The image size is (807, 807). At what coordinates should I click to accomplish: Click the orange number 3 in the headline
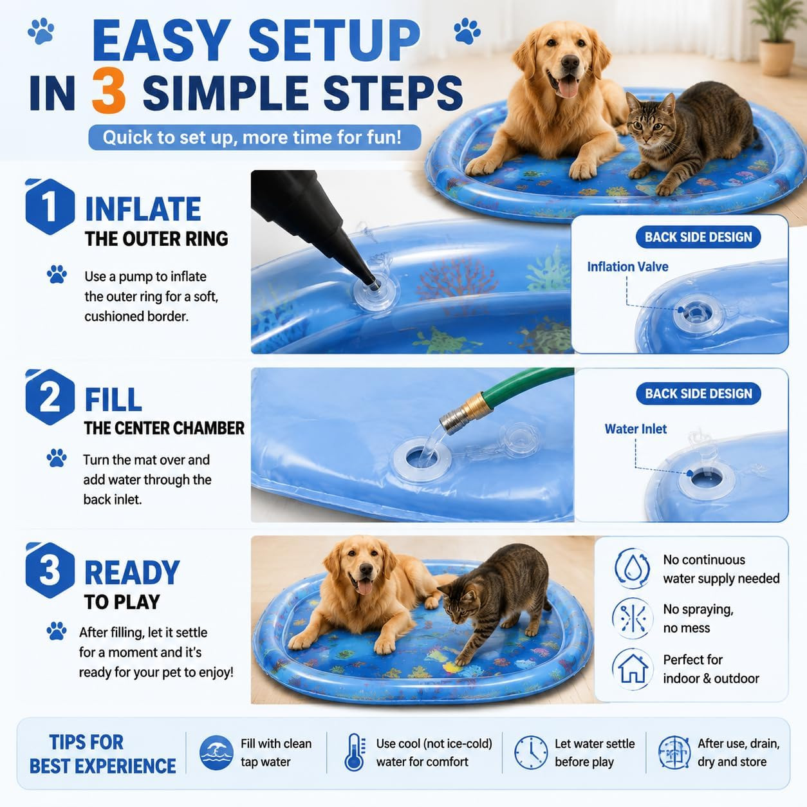[x=109, y=91]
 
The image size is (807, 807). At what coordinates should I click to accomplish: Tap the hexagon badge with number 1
[x=50, y=206]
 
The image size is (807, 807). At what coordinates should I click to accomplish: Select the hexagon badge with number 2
[x=50, y=396]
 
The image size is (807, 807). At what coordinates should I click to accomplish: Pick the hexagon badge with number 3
[x=50, y=570]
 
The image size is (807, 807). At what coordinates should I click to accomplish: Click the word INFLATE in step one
[x=144, y=209]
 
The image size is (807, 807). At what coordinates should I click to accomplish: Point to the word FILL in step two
[x=113, y=400]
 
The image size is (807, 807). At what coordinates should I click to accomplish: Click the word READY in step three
[x=132, y=573]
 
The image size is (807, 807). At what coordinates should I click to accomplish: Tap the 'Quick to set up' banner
[x=255, y=137]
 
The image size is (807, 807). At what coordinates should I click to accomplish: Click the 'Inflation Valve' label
[x=627, y=267]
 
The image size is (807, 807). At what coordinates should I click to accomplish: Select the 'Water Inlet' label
[x=635, y=429]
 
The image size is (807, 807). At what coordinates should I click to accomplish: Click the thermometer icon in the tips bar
[x=355, y=752]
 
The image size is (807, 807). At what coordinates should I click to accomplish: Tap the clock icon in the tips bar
[x=531, y=752]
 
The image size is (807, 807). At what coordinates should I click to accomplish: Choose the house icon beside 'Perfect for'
[x=633, y=669]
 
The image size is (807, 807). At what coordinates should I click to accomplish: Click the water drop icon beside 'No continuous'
[x=633, y=569]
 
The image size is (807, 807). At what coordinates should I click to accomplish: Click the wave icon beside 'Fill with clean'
[x=216, y=752]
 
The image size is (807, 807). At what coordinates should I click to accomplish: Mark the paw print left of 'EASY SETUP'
[x=41, y=31]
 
